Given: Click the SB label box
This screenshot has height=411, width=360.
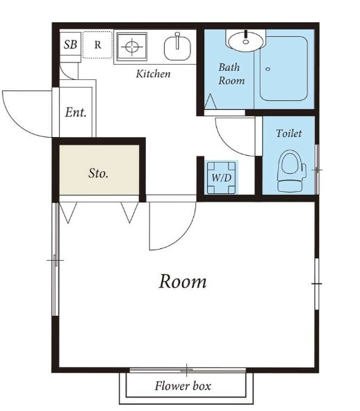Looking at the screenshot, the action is pyautogui.click(x=70, y=45).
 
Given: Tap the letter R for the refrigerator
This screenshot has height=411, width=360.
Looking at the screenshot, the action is pyautogui.click(x=98, y=45).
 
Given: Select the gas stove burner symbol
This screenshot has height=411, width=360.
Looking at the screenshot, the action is pyautogui.click(x=132, y=47).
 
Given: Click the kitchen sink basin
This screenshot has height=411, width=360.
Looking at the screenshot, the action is pyautogui.click(x=177, y=48).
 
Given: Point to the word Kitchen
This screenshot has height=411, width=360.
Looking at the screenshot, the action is pyautogui.click(x=154, y=74).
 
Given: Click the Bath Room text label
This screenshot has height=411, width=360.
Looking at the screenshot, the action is pyautogui.click(x=231, y=74).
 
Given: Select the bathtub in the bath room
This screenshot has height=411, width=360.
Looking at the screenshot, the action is pyautogui.click(x=284, y=69).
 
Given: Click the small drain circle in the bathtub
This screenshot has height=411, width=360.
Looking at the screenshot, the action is pyautogui.click(x=268, y=70).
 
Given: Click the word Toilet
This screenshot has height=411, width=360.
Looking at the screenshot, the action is pyautogui.click(x=288, y=134).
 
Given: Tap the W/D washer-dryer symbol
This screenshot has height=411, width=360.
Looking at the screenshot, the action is pyautogui.click(x=222, y=178).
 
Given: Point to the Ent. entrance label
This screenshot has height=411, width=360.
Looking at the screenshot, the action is pyautogui.click(x=76, y=113).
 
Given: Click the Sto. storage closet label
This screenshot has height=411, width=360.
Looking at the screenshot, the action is pyautogui.click(x=98, y=173).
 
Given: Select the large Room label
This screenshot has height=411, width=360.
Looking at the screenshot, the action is pyautogui.click(x=183, y=281).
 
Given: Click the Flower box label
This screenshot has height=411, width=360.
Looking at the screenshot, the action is pyautogui.click(x=183, y=386).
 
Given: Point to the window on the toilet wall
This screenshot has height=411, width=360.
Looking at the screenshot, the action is pyautogui.click(x=317, y=170).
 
